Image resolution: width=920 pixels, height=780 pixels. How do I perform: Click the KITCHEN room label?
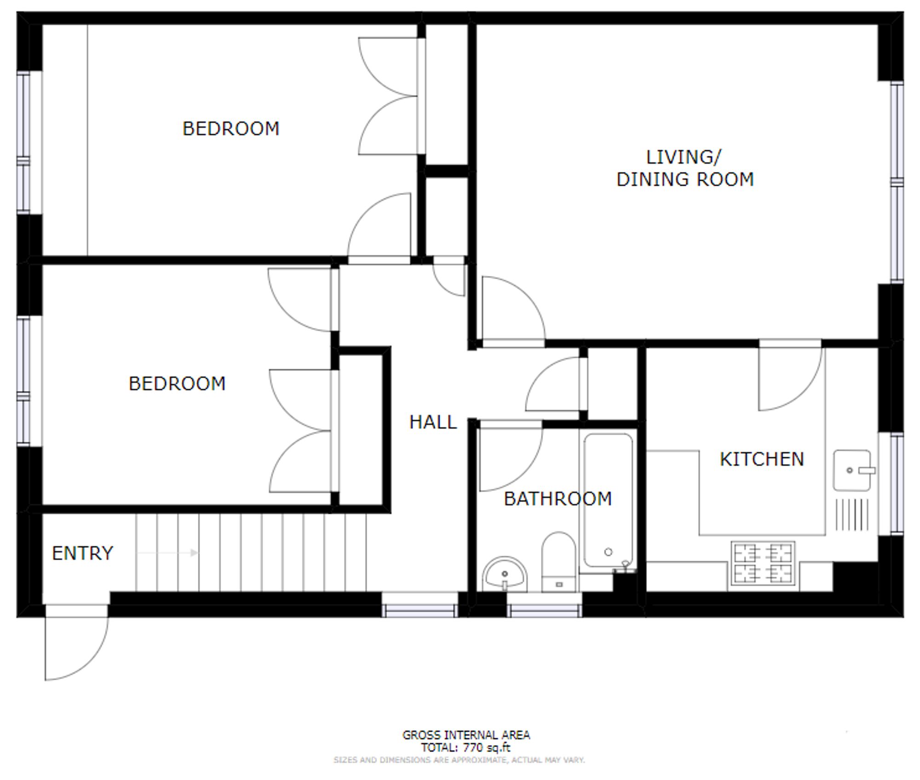[x=762, y=459]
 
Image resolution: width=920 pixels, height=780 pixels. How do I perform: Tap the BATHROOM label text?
[x=558, y=499]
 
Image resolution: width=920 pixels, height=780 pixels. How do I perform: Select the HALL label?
[x=433, y=422]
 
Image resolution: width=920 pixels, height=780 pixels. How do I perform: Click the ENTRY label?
[x=82, y=553]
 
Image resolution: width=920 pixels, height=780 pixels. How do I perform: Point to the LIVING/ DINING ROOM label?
[x=685, y=168]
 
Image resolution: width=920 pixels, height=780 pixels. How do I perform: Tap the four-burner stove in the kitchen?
[x=763, y=563]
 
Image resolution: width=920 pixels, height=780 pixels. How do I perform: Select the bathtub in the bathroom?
[x=608, y=500]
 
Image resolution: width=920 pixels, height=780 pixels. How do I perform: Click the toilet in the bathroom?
[x=559, y=562]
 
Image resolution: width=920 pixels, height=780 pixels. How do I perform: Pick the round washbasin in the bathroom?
[x=505, y=574]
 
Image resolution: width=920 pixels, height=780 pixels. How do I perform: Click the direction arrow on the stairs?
[x=168, y=553]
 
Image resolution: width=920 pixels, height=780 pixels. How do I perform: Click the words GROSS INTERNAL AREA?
[x=466, y=735]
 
